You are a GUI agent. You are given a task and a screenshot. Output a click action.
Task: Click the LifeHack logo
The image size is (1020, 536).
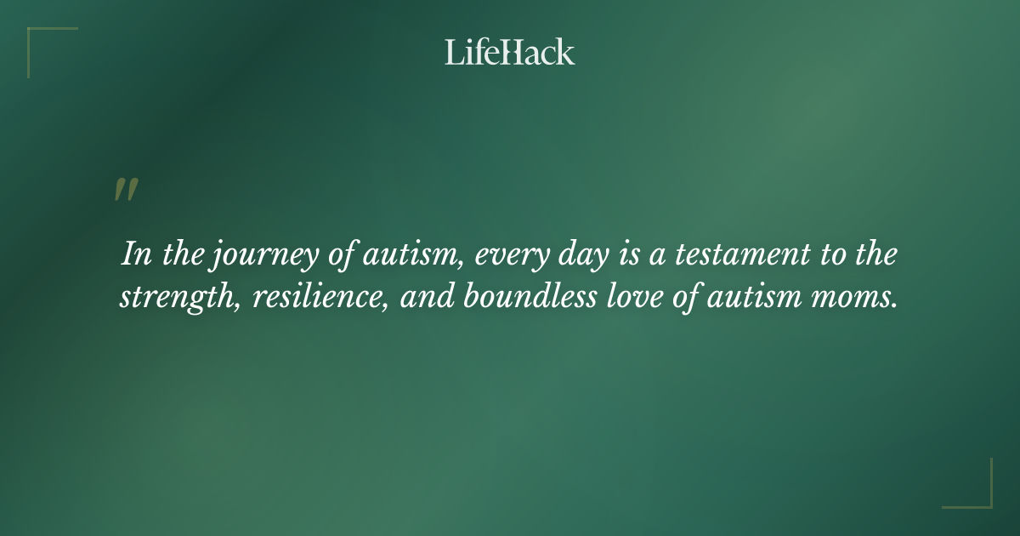510,52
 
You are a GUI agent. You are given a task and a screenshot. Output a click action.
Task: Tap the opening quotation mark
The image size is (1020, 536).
126,190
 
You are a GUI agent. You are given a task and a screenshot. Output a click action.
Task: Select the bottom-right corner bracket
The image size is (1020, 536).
977,493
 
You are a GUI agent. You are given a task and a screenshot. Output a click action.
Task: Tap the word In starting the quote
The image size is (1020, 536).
135,254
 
